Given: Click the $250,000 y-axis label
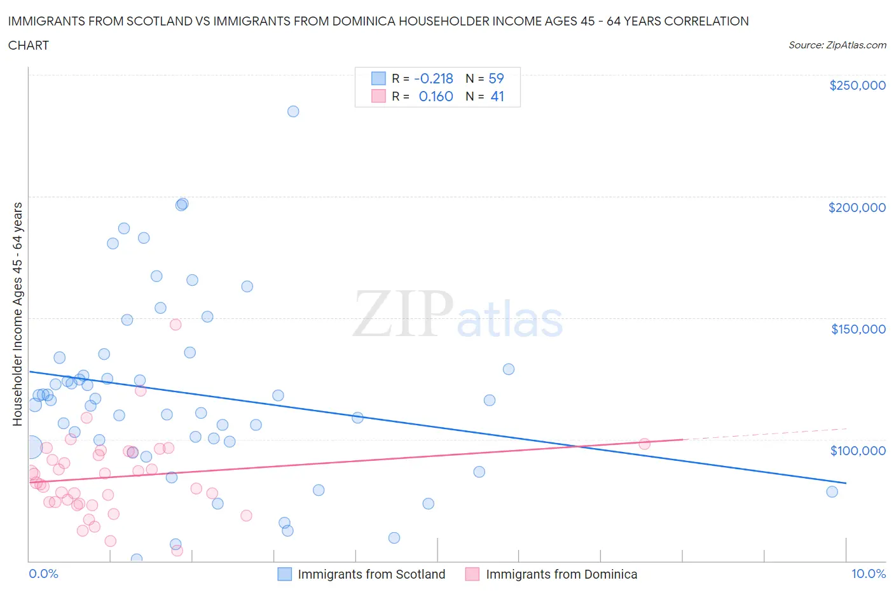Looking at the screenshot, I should [x=857, y=86].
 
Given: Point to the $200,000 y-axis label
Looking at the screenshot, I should [x=856, y=208].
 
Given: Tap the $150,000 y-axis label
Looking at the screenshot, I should [x=858, y=329].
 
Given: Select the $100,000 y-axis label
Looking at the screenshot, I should [x=858, y=451].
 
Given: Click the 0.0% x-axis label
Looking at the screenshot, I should [x=43, y=574].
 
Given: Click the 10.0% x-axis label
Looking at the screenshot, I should [x=868, y=574].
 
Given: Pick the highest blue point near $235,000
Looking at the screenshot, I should [x=293, y=111].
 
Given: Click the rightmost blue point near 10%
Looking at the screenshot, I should [x=832, y=491].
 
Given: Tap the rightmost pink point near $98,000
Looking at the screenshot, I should [x=644, y=444].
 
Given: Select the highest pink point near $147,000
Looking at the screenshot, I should [x=175, y=325].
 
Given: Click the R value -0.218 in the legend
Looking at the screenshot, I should [x=433, y=78].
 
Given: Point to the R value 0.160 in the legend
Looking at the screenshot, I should [x=436, y=96].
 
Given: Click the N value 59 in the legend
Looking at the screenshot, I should [x=496, y=78].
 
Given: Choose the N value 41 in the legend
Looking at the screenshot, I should [x=497, y=96].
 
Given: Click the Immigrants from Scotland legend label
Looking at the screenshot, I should [x=371, y=574].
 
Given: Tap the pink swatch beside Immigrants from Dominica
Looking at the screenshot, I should [x=472, y=574].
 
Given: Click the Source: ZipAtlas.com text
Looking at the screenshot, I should [x=837, y=45].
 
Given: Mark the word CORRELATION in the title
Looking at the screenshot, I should [x=706, y=21].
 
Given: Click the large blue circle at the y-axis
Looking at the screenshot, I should [x=31, y=448].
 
